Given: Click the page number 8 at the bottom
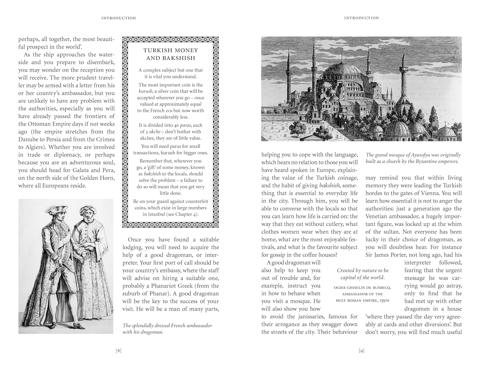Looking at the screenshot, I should [118, 351].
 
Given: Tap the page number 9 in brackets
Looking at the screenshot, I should [361, 351].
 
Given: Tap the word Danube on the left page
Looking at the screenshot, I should [28, 139].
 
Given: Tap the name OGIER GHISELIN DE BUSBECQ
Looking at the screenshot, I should [362, 287].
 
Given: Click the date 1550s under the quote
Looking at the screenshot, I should [383, 300].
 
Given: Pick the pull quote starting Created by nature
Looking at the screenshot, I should [362, 274].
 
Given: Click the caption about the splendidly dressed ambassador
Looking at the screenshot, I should [167, 329].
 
